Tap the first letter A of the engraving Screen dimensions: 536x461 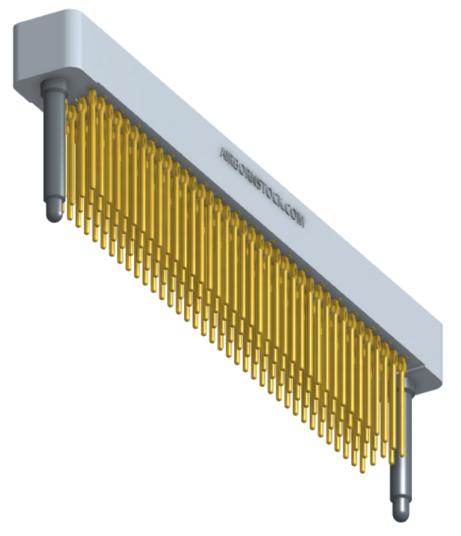click(x=222, y=151)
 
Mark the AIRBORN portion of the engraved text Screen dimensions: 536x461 click(x=238, y=165)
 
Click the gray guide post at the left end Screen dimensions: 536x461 click(x=54, y=151)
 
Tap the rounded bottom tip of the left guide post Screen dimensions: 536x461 click(x=54, y=217)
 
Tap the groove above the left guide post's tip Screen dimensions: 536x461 click(x=54, y=198)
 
